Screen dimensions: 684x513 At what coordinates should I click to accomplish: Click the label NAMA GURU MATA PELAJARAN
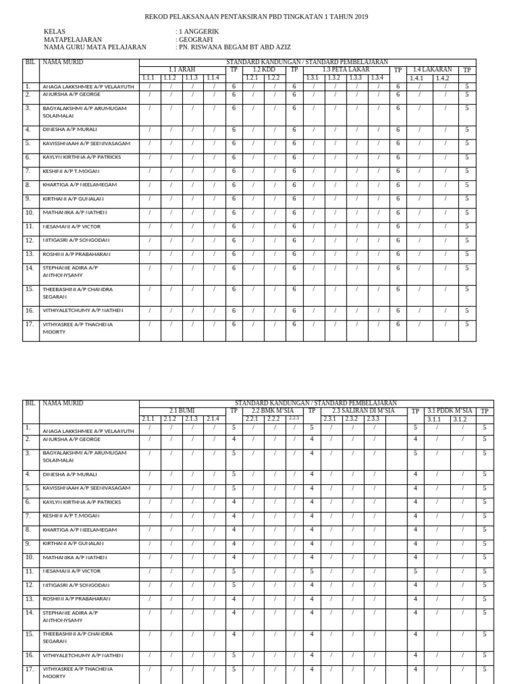click(x=95, y=48)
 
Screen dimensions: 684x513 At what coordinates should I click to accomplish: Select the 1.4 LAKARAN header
click(x=432, y=69)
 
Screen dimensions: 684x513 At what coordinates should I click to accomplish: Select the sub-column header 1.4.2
click(x=442, y=78)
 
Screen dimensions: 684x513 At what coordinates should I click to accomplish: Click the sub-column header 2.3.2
click(x=352, y=419)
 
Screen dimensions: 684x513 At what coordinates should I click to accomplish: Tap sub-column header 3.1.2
click(x=460, y=419)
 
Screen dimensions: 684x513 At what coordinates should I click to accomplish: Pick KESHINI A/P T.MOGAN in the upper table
click(x=71, y=172)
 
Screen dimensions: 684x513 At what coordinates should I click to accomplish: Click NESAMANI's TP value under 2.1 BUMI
click(x=234, y=571)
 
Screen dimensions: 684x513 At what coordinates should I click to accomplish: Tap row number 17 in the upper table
click(x=29, y=325)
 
